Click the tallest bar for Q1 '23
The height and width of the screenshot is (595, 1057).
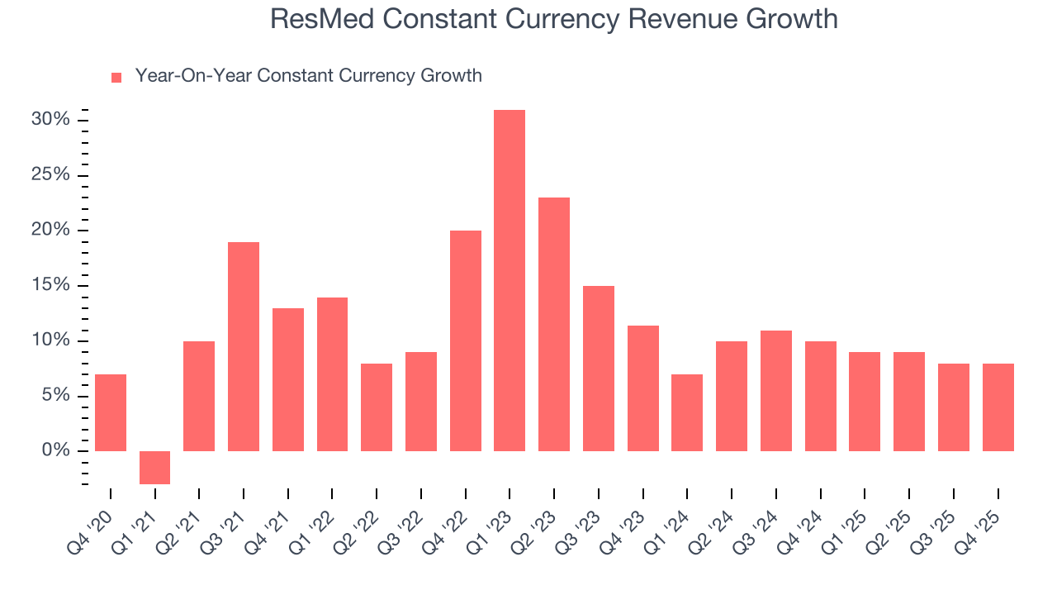(510, 280)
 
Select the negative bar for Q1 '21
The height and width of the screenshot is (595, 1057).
(154, 467)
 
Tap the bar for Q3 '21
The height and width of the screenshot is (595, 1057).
(244, 346)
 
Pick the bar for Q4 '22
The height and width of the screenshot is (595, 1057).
(465, 340)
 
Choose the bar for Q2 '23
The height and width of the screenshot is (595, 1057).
(554, 324)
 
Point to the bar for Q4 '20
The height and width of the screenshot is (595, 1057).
(111, 412)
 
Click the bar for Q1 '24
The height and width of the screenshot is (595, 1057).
(687, 412)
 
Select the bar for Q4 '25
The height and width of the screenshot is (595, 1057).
(998, 407)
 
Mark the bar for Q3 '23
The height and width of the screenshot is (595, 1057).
(599, 368)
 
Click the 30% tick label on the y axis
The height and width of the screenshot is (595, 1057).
(50, 120)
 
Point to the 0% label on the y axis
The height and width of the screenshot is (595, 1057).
(55, 450)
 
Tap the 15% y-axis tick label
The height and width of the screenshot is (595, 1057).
(50, 285)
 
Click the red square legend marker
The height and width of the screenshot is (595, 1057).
(116, 77)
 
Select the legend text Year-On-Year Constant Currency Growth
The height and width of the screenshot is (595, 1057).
(308, 76)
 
